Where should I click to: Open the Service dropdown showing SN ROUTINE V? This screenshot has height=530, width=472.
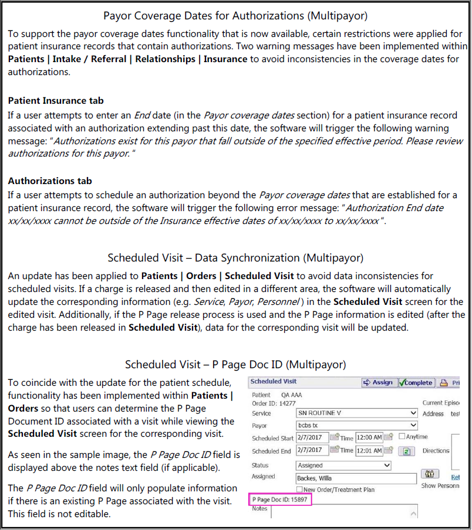click(x=357, y=413)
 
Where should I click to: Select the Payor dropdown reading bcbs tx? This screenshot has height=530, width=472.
click(x=357, y=425)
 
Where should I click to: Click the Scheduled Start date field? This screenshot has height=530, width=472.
click(x=312, y=437)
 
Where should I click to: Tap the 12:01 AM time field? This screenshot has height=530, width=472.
click(x=369, y=450)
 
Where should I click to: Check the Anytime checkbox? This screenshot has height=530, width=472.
click(x=402, y=437)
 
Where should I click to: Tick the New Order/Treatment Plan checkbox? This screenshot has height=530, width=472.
click(x=300, y=490)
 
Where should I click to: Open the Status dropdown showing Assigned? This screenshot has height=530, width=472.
click(x=343, y=465)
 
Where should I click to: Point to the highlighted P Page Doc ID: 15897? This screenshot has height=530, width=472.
click(x=279, y=500)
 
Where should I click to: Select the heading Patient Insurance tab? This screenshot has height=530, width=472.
click(x=56, y=101)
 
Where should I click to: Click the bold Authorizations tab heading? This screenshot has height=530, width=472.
click(x=50, y=181)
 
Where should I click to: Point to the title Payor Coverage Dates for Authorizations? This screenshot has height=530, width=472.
click(x=235, y=16)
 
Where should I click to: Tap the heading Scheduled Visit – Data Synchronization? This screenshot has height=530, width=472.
click(x=235, y=258)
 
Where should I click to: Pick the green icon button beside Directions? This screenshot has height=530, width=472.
click(x=406, y=451)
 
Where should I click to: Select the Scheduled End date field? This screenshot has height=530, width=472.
click(x=312, y=450)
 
